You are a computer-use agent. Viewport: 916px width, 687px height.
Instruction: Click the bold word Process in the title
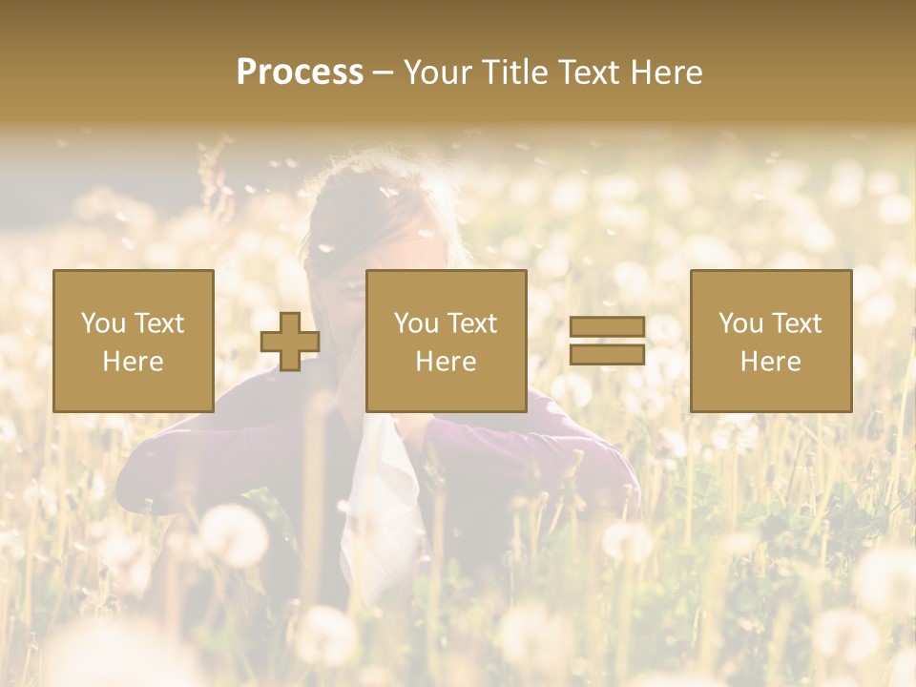(300, 73)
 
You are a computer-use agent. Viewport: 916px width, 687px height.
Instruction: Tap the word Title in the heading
(513, 73)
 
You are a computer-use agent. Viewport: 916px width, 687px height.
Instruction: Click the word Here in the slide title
(666, 73)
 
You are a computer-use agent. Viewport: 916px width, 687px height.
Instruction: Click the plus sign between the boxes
(290, 342)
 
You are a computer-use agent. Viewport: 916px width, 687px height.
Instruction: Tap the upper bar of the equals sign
(607, 327)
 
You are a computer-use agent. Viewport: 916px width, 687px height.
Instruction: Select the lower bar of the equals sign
(607, 354)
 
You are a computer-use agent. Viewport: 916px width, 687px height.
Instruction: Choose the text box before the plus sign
(134, 341)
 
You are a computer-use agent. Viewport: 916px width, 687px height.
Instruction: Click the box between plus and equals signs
(446, 341)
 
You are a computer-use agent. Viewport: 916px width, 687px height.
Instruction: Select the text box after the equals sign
(770, 341)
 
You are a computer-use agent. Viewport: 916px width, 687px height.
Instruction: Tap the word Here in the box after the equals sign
(770, 362)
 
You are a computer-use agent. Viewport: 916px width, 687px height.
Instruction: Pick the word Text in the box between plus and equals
(472, 323)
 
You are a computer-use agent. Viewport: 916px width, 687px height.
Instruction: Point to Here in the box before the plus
(133, 362)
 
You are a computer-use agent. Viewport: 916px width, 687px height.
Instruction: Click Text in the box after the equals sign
(797, 323)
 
